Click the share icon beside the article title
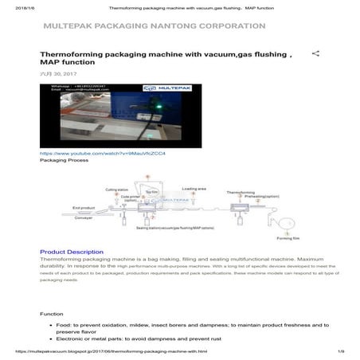pyautogui.click(x=315, y=54)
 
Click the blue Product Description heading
pyautogui.click(x=72, y=252)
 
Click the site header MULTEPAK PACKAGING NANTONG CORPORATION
pyautogui.click(x=155, y=26)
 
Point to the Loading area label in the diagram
pyautogui.click(x=194, y=189)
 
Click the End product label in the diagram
pyautogui.click(x=84, y=208)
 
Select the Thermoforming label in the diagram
pyautogui.click(x=241, y=192)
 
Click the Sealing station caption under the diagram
pyautogui.click(x=174, y=228)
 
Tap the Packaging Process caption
pyautogui.click(x=64, y=160)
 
